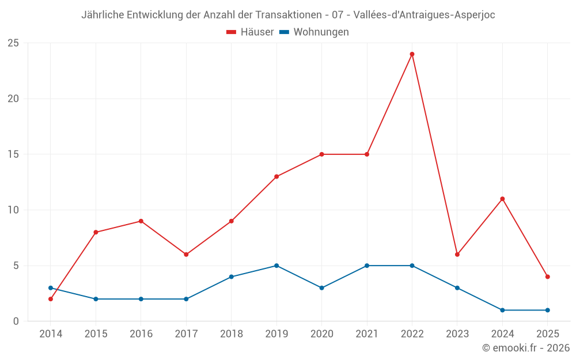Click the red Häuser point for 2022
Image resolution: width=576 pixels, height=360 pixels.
coord(412,54)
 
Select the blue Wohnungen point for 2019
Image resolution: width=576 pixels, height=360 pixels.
coord(276,266)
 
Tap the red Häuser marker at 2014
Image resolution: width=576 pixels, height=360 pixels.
coord(51,299)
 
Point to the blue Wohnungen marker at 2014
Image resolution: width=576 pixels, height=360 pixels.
coord(51,288)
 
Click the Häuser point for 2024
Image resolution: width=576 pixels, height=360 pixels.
coord(502,199)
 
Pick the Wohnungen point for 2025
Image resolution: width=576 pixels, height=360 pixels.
coord(547,310)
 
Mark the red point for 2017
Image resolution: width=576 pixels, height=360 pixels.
coord(186,255)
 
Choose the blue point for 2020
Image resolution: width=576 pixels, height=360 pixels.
coord(321,288)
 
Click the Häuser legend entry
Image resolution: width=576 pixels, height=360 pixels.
coord(251,32)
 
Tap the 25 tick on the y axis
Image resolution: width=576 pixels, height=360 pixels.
coord(13,43)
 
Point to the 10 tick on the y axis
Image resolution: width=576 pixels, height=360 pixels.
coord(13,210)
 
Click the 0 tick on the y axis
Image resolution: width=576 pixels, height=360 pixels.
coord(16,321)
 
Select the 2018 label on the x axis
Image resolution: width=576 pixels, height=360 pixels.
coord(231,334)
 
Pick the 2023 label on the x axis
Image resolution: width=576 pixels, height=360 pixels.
coord(457,334)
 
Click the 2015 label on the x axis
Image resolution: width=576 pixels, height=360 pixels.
coord(96,334)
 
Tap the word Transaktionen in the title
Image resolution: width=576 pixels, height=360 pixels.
coord(286,15)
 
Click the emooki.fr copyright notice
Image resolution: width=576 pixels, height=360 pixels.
coord(525,348)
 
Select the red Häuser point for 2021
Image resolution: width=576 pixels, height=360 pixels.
coord(367,154)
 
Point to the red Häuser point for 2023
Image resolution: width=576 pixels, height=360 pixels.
coord(457,255)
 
